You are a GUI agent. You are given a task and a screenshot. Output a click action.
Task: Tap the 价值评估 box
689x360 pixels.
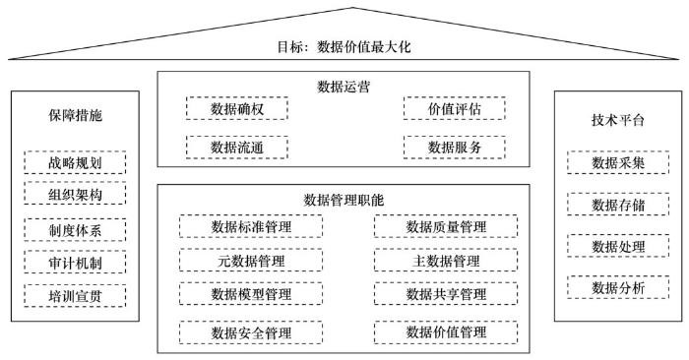tap(454, 109)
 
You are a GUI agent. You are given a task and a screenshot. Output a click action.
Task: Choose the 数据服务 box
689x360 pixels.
tap(454, 148)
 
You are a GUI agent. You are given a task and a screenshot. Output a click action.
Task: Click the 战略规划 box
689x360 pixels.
tap(75, 163)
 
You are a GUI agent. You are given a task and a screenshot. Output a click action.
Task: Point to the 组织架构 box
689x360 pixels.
tap(75, 196)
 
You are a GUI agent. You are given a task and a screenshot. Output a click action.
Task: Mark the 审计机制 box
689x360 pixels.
tap(75, 263)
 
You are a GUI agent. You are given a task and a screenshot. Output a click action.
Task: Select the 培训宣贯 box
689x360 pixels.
tap(75, 295)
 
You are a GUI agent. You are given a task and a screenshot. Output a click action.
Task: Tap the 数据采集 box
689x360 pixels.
tap(617, 163)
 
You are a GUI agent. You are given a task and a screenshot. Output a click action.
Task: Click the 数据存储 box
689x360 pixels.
tap(617, 205)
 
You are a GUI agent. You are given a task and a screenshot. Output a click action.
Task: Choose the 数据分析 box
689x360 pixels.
tap(617, 288)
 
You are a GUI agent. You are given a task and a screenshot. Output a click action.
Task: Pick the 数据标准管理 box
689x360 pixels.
tap(251, 228)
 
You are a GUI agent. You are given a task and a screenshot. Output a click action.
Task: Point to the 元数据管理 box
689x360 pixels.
tap(251, 261)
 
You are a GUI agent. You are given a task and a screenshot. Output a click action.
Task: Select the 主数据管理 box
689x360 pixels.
tap(446, 261)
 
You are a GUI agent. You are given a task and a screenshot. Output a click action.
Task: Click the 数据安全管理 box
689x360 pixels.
tap(251, 332)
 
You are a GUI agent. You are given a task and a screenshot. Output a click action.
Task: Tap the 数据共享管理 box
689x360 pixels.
tap(446, 294)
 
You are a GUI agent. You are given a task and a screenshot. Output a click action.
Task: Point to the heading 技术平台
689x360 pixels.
tap(617, 120)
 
